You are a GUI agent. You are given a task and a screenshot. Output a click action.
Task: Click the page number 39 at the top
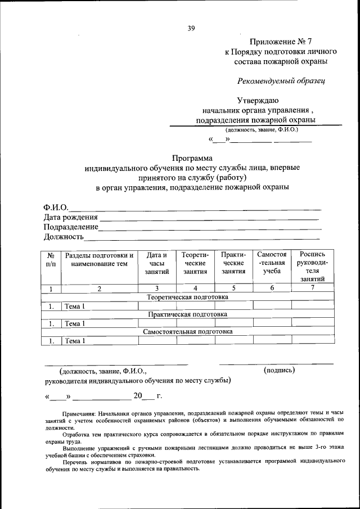(x=191, y=29)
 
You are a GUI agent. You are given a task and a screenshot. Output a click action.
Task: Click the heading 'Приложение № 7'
(x=277, y=42)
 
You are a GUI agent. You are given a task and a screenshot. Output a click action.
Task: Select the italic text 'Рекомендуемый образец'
(x=281, y=80)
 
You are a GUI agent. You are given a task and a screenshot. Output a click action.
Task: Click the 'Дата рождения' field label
(x=70, y=218)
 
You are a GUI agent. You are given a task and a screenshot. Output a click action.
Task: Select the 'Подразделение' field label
(x=71, y=227)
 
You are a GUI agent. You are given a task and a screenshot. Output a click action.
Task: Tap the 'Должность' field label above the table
(x=63, y=237)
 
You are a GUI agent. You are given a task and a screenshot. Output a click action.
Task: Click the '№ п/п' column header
(x=51, y=259)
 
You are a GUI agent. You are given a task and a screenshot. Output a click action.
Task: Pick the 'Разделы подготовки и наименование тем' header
(x=100, y=259)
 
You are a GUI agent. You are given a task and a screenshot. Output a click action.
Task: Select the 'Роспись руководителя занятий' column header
(x=312, y=267)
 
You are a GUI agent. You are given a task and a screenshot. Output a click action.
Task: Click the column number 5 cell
(x=233, y=289)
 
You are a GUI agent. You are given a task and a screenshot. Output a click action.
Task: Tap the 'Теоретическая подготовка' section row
(x=187, y=296)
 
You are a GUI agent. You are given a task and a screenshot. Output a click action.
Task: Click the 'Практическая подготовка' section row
(x=187, y=314)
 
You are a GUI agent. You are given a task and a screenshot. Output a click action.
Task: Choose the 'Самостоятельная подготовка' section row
(x=187, y=331)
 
